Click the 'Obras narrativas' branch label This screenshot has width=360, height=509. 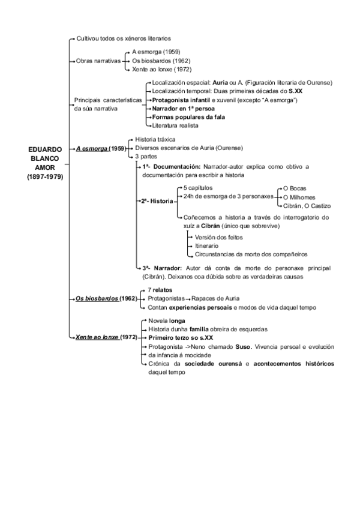pyautogui.click(x=97, y=61)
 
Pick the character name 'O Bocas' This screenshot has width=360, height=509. pyautogui.click(x=295, y=188)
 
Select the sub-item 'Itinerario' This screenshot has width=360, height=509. pyautogui.click(x=207, y=246)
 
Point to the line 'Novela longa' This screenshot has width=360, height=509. pyautogui.click(x=165, y=321)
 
